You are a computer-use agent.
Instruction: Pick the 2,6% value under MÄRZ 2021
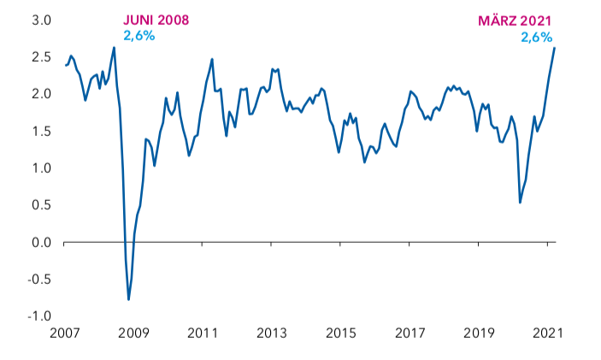[x=536, y=37]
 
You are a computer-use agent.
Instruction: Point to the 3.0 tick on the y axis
[x=41, y=20]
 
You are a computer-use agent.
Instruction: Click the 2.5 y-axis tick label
[x=41, y=56]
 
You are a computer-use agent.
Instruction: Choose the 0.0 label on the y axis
[x=41, y=242]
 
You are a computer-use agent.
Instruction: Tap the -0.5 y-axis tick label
[x=38, y=280]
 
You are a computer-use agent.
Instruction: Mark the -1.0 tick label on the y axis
[x=39, y=316]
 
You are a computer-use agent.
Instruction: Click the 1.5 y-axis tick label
[x=41, y=131]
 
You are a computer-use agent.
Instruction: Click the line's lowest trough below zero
[x=129, y=299]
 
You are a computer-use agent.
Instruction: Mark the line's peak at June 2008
[x=115, y=48]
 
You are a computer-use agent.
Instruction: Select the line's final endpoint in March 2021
[x=554, y=48]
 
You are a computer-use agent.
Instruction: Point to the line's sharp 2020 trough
[x=520, y=203]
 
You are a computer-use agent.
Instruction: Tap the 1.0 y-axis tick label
[x=41, y=168]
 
